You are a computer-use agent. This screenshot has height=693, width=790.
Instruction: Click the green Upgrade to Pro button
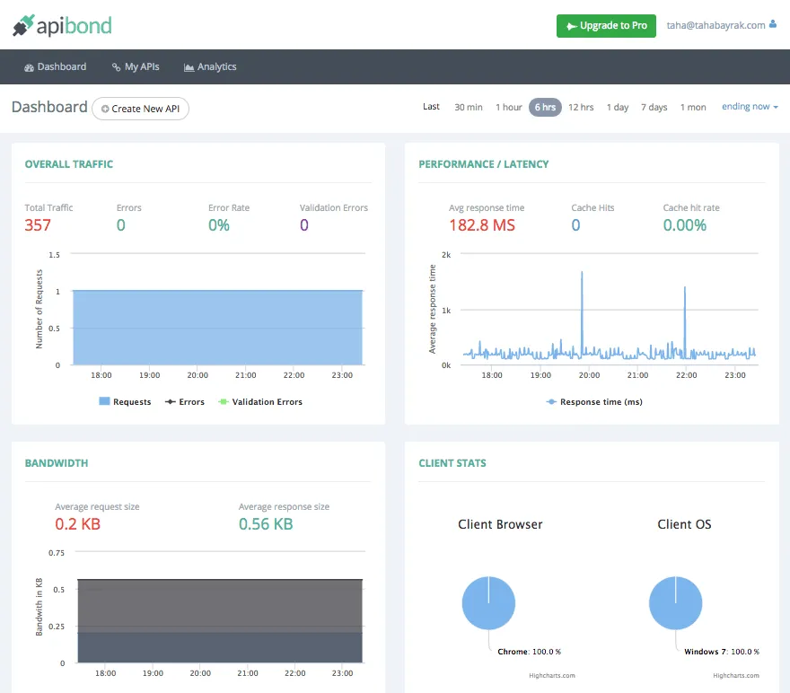coord(606,26)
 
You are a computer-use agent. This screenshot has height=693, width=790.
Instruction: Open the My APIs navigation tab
coord(136,67)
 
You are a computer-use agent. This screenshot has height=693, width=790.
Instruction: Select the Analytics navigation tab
coord(210,67)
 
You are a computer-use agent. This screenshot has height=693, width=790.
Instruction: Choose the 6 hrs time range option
coord(545,107)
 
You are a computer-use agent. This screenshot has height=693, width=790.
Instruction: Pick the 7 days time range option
coord(654,107)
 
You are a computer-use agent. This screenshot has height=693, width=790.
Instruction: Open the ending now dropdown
coord(750,107)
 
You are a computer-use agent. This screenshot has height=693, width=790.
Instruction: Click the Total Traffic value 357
coord(38,225)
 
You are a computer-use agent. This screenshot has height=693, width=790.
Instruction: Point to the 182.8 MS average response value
coord(482,225)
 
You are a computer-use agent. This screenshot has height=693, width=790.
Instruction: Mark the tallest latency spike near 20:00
coord(582,273)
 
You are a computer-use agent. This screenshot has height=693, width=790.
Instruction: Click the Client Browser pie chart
coord(488,602)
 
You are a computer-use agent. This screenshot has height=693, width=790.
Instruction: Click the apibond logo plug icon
coord(22,26)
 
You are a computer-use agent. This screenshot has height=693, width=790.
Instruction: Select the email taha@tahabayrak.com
coord(716,26)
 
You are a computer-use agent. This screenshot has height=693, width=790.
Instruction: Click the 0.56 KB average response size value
coord(266,524)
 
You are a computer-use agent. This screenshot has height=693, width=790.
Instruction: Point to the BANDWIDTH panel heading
coord(57,463)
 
